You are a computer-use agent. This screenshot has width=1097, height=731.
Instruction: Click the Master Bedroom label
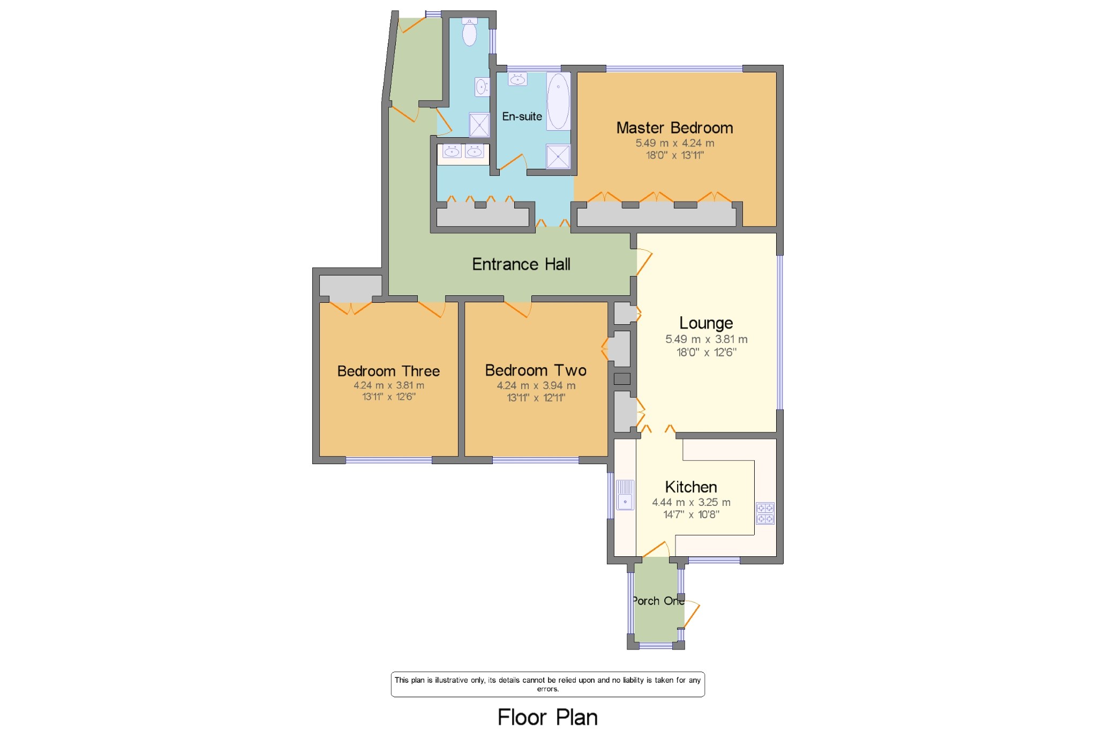click(x=674, y=128)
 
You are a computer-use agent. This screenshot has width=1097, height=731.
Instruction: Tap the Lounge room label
click(x=706, y=323)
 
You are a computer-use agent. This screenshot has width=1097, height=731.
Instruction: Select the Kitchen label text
click(x=691, y=487)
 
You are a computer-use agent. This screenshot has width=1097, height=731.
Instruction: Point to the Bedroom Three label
click(x=388, y=371)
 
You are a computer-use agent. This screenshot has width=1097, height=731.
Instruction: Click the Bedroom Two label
click(x=536, y=370)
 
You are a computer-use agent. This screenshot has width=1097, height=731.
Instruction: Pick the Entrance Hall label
click(x=521, y=264)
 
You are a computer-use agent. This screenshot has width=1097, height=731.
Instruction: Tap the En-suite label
click(x=522, y=116)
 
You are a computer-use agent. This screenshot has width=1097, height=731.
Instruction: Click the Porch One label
click(x=658, y=601)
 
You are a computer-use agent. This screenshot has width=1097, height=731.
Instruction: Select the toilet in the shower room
click(x=470, y=31)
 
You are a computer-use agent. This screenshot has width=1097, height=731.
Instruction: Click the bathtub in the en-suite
click(x=558, y=101)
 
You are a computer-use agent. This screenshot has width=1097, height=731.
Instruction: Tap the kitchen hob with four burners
click(x=765, y=513)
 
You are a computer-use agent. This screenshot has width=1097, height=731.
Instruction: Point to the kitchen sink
click(x=625, y=495)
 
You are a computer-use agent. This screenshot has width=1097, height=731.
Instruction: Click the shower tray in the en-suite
click(x=558, y=156)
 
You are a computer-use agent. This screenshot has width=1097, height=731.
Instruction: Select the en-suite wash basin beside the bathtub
click(x=517, y=79)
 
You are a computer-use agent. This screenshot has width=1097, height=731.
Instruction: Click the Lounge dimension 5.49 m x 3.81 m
click(x=706, y=339)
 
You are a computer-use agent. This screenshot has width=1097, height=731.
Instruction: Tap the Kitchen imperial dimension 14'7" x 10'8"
click(x=691, y=514)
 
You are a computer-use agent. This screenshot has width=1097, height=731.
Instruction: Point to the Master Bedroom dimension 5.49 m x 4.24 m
click(x=674, y=143)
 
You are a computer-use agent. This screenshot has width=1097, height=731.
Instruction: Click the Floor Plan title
click(x=547, y=717)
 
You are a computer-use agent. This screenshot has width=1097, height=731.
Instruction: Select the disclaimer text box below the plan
click(x=547, y=684)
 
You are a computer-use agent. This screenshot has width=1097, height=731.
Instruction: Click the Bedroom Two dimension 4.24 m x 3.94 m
click(x=536, y=385)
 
